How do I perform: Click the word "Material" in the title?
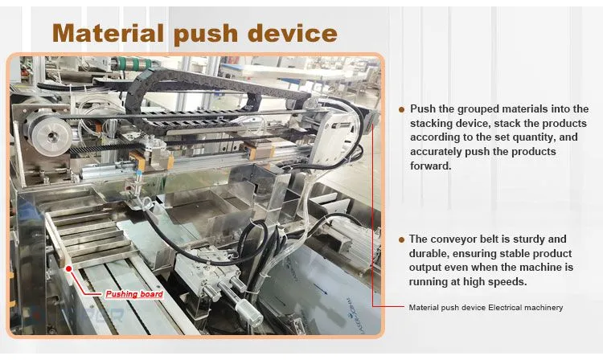(x=108, y=34)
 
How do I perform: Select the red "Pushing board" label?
(x=134, y=294)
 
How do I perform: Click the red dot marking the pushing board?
(x=69, y=269)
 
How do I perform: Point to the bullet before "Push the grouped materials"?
(x=401, y=110)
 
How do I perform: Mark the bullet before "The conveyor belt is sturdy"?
(x=401, y=240)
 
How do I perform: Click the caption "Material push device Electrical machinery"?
(x=486, y=308)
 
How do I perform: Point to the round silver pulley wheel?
(x=51, y=135)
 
